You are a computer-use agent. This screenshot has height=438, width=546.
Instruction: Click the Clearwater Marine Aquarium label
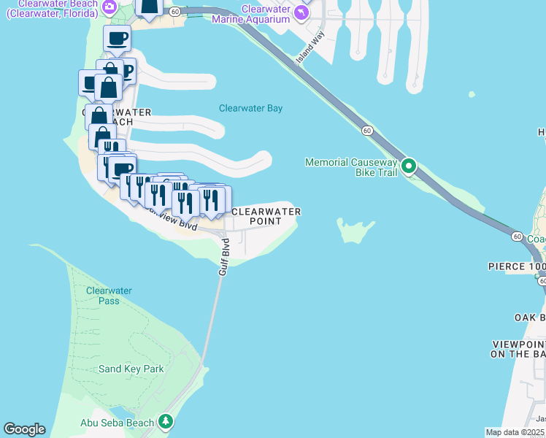click(x=250, y=14)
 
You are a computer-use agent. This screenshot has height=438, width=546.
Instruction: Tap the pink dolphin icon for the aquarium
click(x=300, y=13)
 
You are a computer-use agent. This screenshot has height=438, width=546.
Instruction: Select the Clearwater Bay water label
click(x=250, y=109)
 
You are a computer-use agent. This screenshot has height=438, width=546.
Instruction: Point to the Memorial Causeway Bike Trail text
click(x=351, y=167)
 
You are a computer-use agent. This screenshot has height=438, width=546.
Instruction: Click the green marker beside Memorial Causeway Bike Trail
click(x=409, y=166)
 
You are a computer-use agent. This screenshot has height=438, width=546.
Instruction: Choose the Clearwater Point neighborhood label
click(x=266, y=216)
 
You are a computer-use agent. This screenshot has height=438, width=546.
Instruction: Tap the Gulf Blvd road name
click(x=225, y=256)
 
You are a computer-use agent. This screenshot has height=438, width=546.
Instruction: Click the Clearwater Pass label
click(x=109, y=296)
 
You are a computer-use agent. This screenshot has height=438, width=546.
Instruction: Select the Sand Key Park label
click(x=131, y=369)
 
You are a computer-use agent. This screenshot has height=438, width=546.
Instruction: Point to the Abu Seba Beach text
click(x=117, y=423)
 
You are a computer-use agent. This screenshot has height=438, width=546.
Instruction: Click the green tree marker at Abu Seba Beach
click(x=166, y=422)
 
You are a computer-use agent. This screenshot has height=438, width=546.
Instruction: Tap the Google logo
click(x=24, y=429)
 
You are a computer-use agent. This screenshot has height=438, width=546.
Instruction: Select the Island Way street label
click(x=310, y=48)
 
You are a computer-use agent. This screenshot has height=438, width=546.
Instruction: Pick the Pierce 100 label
click(x=516, y=267)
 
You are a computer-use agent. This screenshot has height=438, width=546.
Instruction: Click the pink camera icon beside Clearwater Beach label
click(x=109, y=7)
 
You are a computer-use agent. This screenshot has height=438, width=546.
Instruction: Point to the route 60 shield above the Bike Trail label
click(x=366, y=130)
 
